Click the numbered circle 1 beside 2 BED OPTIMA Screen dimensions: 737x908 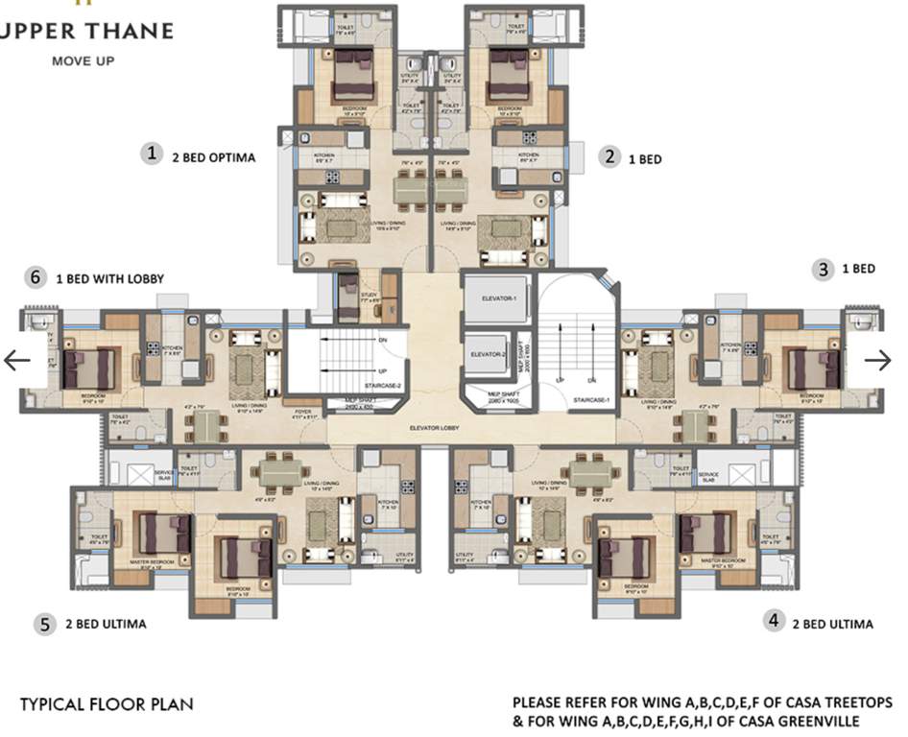coord(150,153)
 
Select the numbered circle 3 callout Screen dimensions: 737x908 coord(824,270)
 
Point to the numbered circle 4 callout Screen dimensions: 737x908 coord(775,621)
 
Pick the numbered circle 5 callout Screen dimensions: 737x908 coord(44,625)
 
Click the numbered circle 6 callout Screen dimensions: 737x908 coord(36,277)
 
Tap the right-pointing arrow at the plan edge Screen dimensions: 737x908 coord(877,360)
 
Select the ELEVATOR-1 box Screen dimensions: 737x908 coord(494,297)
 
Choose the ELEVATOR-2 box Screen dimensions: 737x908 coord(488,355)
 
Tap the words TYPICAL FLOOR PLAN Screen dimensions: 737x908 coord(107,704)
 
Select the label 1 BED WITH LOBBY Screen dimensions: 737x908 coord(110,278)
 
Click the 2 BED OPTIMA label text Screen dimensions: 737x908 coord(214,157)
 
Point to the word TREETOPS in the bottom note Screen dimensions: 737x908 coord(849,702)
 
